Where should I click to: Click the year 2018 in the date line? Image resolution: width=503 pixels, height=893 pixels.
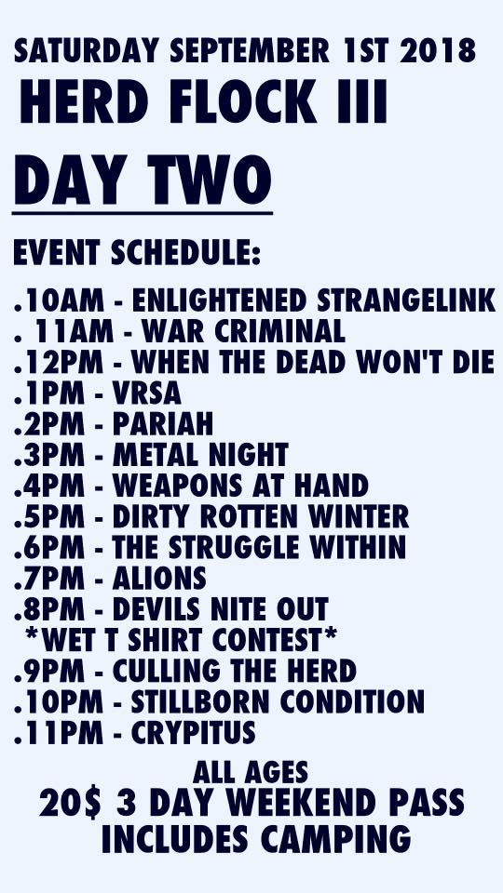click(438, 51)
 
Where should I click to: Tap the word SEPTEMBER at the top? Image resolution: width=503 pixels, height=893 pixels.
click(250, 51)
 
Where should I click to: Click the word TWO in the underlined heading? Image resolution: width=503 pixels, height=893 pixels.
click(210, 180)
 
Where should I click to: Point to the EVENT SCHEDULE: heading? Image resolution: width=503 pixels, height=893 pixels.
click(137, 252)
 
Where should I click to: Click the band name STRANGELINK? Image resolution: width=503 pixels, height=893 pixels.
click(406, 300)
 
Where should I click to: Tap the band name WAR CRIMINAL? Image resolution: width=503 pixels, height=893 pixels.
click(243, 331)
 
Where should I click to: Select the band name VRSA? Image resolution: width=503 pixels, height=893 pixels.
click(146, 393)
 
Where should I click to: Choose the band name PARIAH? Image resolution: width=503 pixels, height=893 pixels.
click(162, 424)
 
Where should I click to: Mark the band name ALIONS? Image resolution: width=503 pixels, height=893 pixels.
click(159, 578)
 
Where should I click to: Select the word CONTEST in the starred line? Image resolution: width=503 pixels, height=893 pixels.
click(274, 640)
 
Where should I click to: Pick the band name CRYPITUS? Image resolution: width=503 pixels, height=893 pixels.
click(194, 732)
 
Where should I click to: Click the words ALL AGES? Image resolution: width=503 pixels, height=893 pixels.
click(251, 772)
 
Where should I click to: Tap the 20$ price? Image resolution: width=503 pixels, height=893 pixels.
click(70, 803)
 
